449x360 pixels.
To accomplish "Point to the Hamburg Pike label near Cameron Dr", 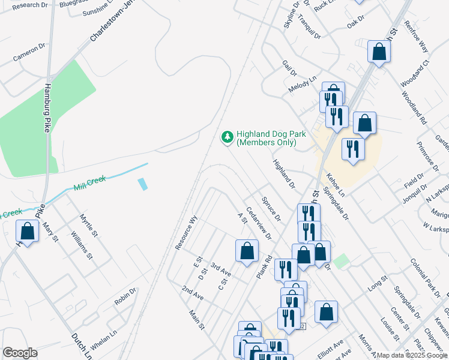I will tap(47, 108).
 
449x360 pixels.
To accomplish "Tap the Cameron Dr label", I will tap(29, 52).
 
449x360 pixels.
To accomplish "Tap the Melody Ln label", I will tap(302, 83).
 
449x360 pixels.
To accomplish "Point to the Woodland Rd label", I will tap(414, 108).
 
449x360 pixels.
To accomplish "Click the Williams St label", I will tap(82, 245).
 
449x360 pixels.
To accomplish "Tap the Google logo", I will tap(20, 353).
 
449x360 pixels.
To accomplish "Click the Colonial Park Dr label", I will tap(425, 276).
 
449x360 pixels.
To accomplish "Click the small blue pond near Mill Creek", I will tap(143, 184).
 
